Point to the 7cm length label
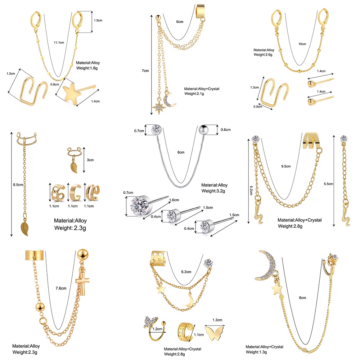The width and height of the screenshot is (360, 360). click(x=145, y=71)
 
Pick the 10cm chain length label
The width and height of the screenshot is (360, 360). click(x=302, y=44)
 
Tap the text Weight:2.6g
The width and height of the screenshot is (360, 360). click(x=265, y=55)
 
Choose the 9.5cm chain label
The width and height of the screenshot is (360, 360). click(x=286, y=167)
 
